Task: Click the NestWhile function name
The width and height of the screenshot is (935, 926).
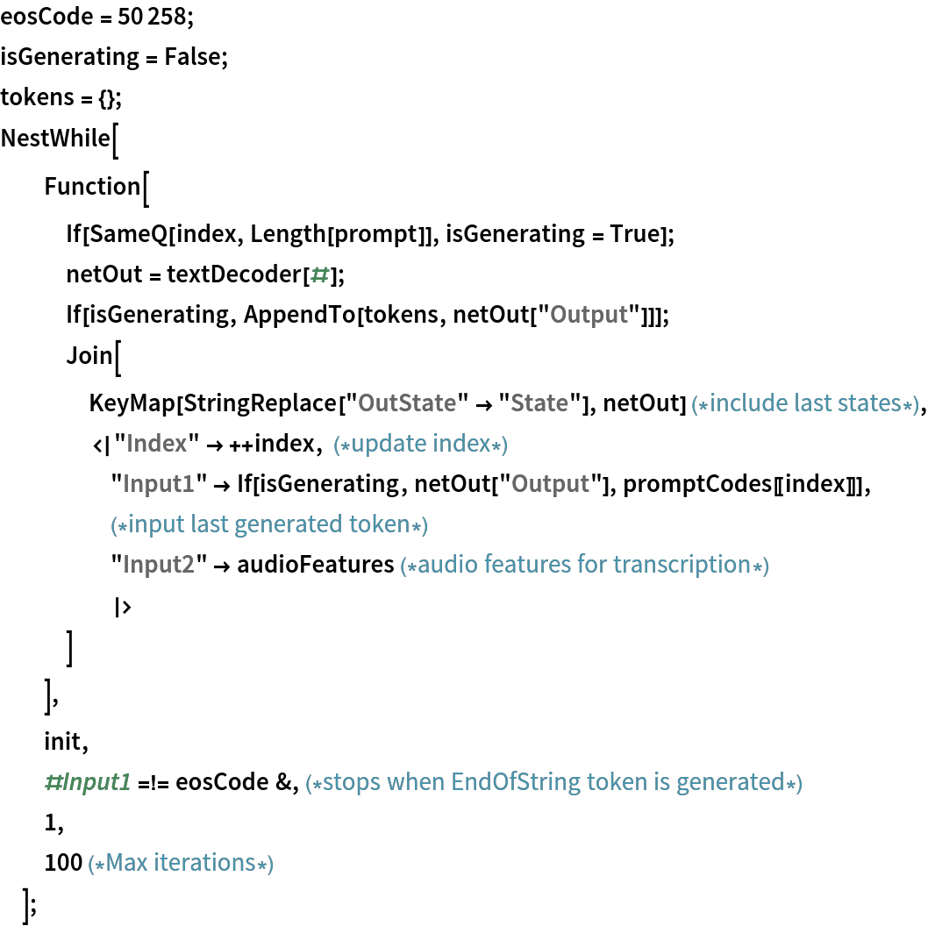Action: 55,139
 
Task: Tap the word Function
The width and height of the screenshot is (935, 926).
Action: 92,187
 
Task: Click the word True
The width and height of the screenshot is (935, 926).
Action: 634,234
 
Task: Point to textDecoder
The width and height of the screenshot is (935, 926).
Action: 234,274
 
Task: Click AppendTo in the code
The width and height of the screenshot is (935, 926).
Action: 300,315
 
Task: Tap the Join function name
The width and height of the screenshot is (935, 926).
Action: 89,356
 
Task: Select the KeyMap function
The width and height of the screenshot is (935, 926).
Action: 132,403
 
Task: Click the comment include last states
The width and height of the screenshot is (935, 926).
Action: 805,403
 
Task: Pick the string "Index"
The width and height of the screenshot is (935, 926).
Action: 157,444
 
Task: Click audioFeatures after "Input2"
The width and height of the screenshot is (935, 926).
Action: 316,565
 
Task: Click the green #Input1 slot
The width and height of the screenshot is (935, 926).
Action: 88,782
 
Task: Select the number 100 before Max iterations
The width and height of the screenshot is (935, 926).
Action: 63,863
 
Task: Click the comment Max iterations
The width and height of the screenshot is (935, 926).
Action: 181,863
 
